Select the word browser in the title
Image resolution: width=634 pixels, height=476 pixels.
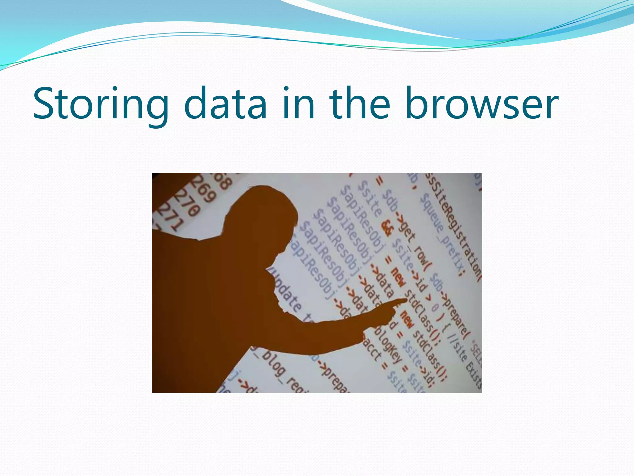(481, 104)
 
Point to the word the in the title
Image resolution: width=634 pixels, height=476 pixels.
(359, 104)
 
